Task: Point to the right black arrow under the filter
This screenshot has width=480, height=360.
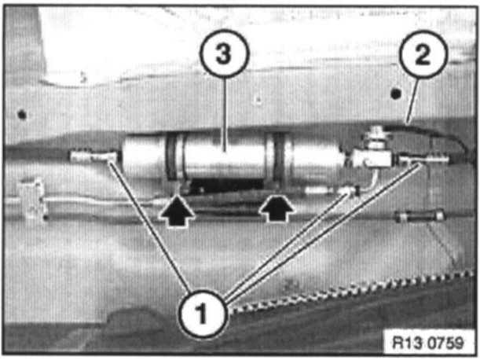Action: (277, 210)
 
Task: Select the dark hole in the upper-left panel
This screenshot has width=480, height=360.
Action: (23, 115)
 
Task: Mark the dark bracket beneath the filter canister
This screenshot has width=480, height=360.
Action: (228, 187)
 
